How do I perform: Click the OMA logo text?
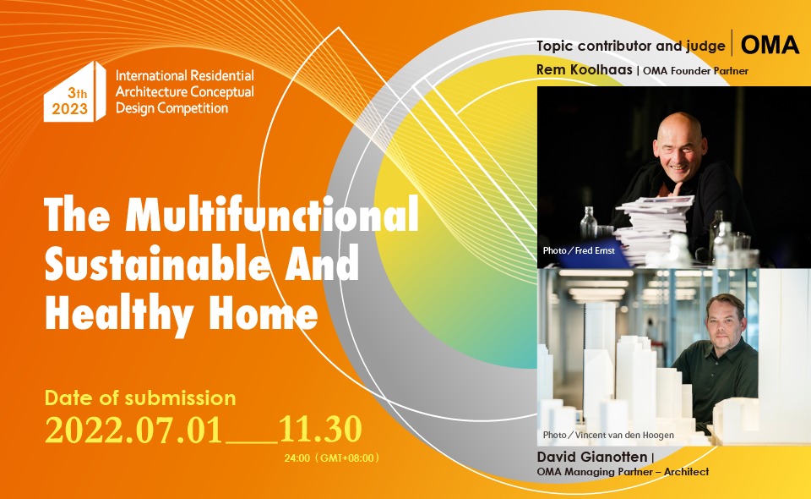(770, 45)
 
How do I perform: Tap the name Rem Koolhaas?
(584, 70)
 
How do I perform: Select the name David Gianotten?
(591, 457)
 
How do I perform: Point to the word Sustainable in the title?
(155, 263)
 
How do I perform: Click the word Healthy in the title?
(119, 314)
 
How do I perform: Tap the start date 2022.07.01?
(133, 430)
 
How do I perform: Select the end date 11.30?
(320, 429)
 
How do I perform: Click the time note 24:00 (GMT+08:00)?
(331, 458)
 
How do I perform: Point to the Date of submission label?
(140, 398)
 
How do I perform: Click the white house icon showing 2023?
(74, 92)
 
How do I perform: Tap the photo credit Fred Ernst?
(579, 250)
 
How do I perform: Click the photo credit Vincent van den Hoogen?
(608, 435)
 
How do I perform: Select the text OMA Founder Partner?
(695, 71)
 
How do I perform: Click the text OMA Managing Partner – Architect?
(623, 472)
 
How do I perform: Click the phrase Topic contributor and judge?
(630, 46)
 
